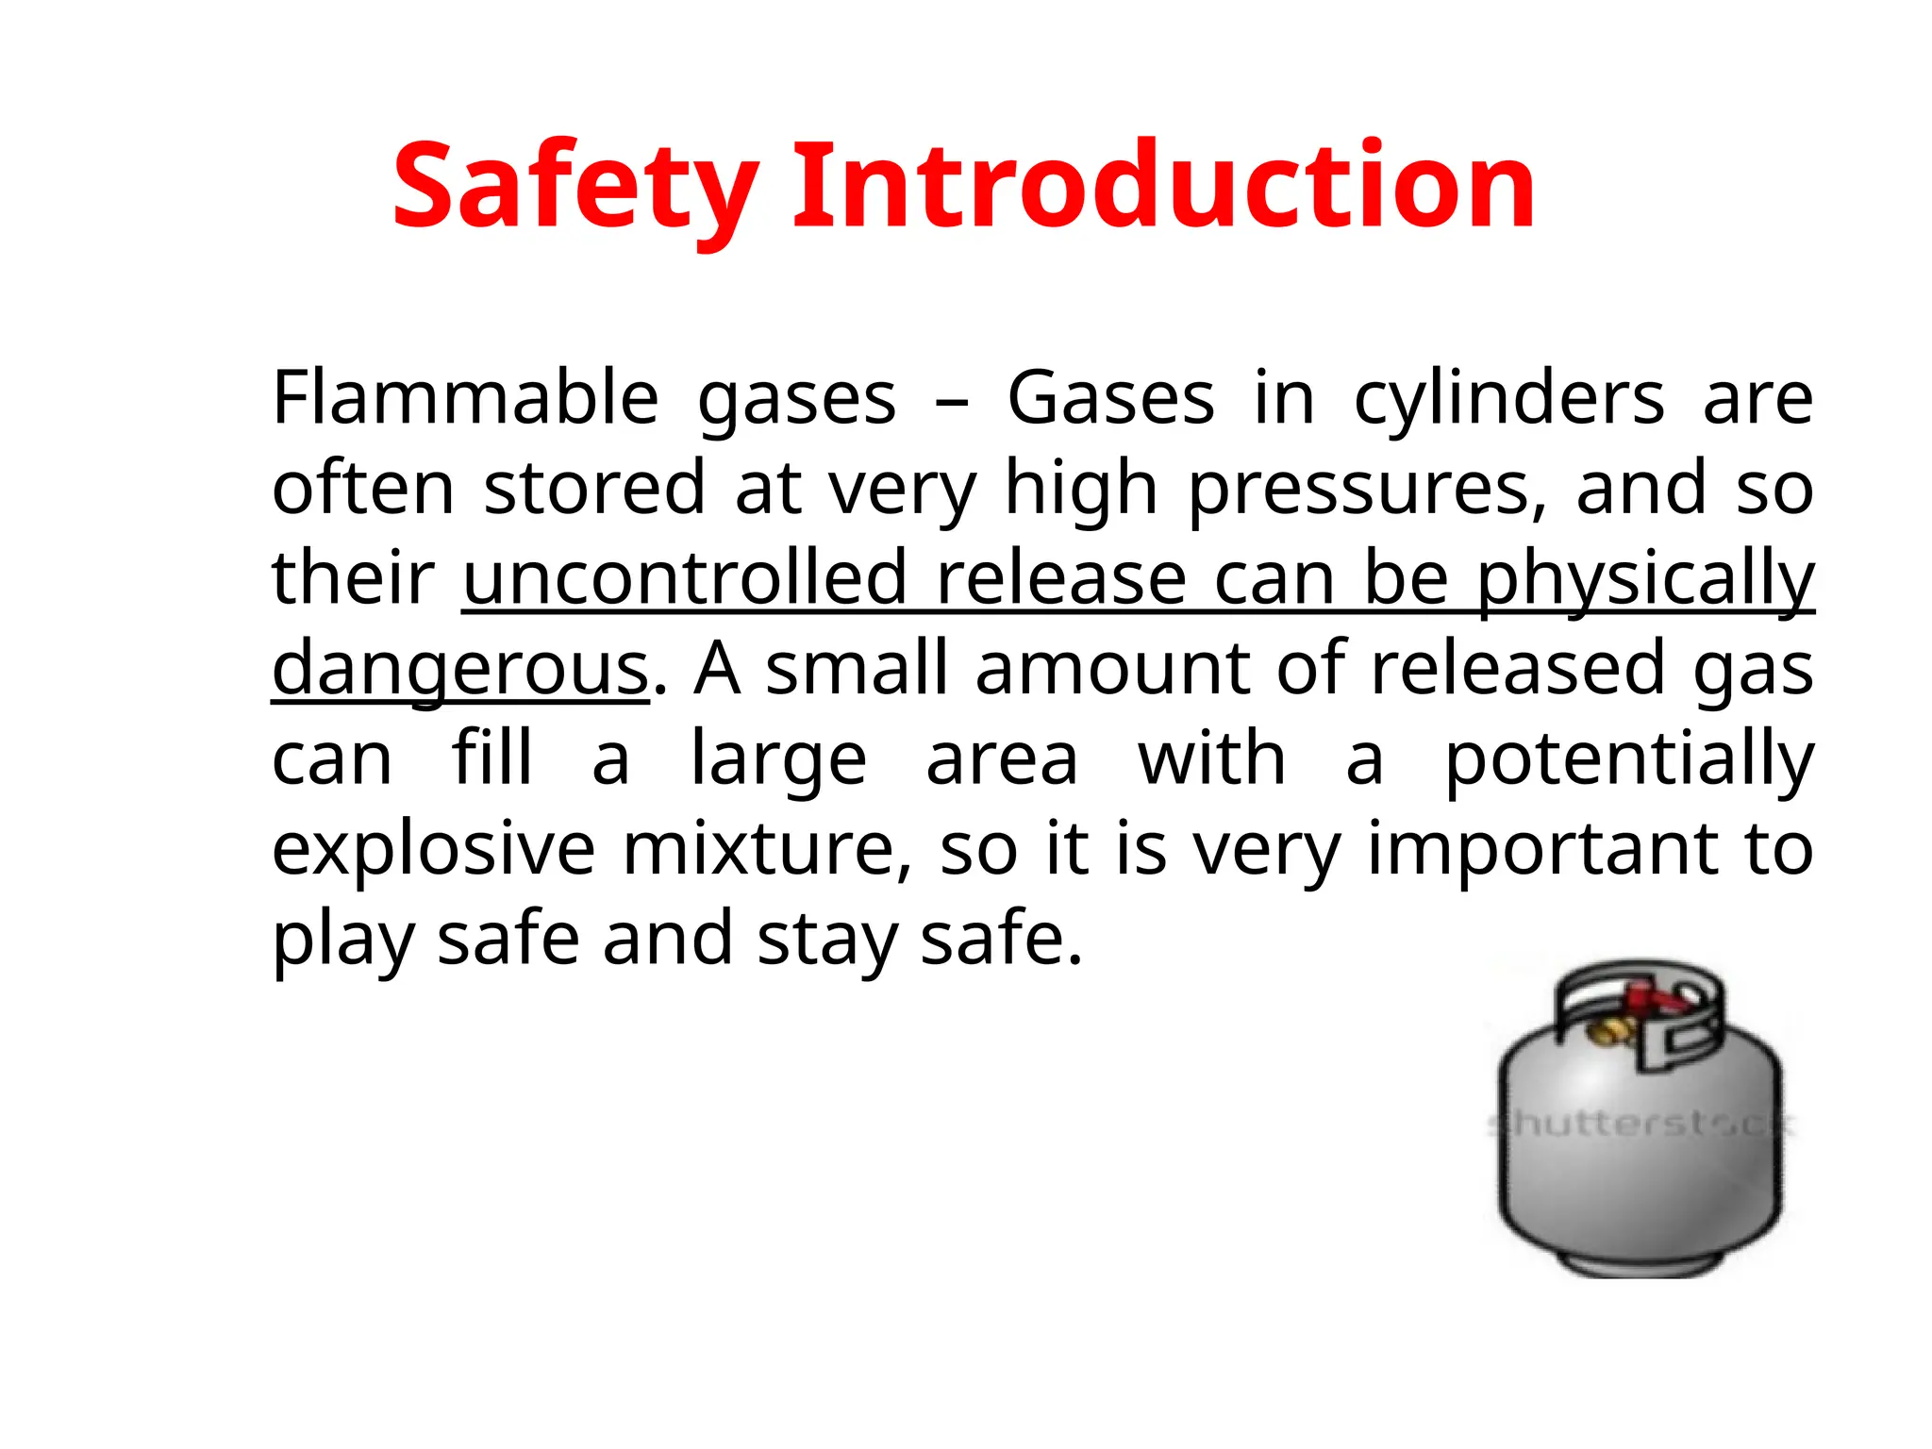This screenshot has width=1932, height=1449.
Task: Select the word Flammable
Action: tap(465, 398)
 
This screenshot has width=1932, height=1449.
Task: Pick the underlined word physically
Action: tap(1645, 579)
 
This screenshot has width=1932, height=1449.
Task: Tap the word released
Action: tap(1517, 668)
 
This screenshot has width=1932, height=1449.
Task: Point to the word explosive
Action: tap(433, 848)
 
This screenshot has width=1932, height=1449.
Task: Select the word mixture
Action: tap(766, 848)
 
